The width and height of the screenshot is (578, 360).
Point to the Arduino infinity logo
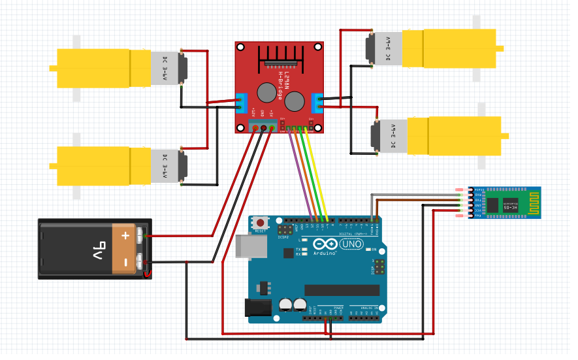pos(324,244)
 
